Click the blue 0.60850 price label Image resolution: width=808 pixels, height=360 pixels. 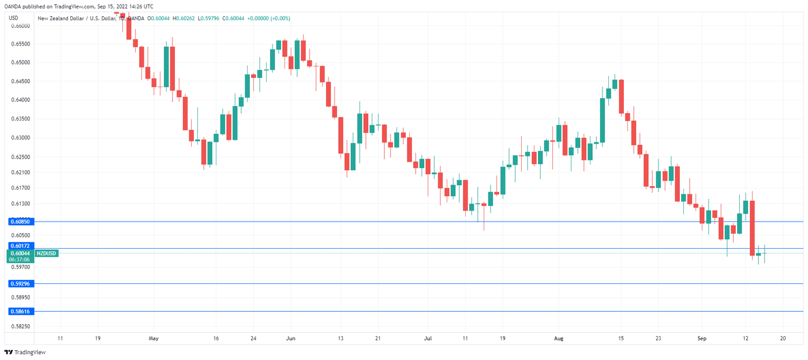20,222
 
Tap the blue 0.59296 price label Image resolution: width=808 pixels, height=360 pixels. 20,284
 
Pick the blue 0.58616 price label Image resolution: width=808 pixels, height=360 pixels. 20,311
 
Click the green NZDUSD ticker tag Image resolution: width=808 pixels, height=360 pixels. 46,253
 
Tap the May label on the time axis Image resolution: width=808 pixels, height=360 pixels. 153,339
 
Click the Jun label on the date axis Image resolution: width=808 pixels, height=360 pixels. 290,339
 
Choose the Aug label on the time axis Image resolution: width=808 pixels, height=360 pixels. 558,339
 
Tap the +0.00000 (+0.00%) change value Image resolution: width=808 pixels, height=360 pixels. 268,18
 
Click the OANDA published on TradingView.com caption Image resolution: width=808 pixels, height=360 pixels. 77,6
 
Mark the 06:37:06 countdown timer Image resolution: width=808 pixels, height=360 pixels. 20,260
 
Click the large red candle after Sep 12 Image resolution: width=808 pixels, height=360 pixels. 753,228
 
